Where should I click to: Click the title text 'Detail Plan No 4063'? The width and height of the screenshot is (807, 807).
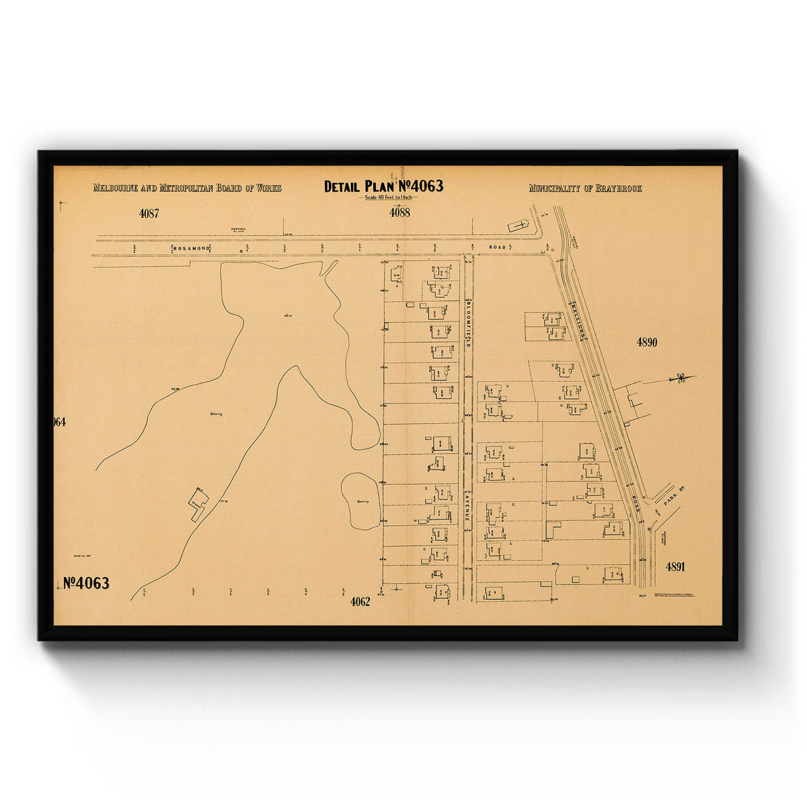click(x=383, y=186)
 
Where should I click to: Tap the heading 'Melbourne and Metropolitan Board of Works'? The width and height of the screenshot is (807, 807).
click(x=187, y=188)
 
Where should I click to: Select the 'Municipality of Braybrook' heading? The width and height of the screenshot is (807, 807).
click(x=585, y=188)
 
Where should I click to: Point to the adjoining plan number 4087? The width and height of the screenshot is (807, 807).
click(x=149, y=213)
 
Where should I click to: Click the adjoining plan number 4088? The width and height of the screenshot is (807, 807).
click(x=399, y=213)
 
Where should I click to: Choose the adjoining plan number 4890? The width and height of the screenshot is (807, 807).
click(x=647, y=342)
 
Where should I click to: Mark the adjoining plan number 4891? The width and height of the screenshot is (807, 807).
click(x=675, y=566)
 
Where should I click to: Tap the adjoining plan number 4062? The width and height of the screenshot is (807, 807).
click(x=360, y=602)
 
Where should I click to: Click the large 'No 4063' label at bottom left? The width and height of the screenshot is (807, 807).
click(x=86, y=583)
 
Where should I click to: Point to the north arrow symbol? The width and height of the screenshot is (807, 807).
click(x=681, y=379)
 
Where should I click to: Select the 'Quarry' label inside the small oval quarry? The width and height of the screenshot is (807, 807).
click(x=363, y=501)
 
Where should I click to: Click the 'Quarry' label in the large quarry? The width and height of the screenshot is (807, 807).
click(x=216, y=414)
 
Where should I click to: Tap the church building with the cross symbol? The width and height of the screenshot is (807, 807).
click(x=518, y=225)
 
